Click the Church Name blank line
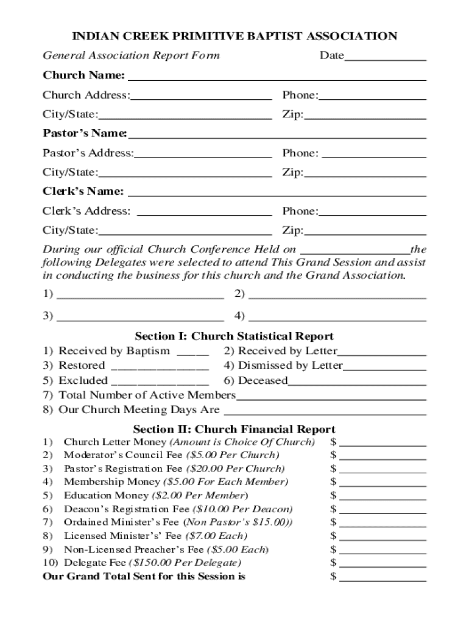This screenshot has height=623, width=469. (277, 79)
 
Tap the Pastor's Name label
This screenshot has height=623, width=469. (84, 133)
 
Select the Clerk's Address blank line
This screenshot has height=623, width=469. (205, 215)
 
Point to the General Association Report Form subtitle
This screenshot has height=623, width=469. (131, 56)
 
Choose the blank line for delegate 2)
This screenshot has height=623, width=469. (337, 298)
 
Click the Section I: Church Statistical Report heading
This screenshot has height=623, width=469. (234, 336)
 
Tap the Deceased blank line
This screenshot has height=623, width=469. (357, 385)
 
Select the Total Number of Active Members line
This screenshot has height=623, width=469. (331, 399)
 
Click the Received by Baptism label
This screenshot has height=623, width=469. (114, 351)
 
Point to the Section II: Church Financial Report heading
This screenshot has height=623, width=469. (234, 430)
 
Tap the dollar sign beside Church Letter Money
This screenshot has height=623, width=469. (333, 442)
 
